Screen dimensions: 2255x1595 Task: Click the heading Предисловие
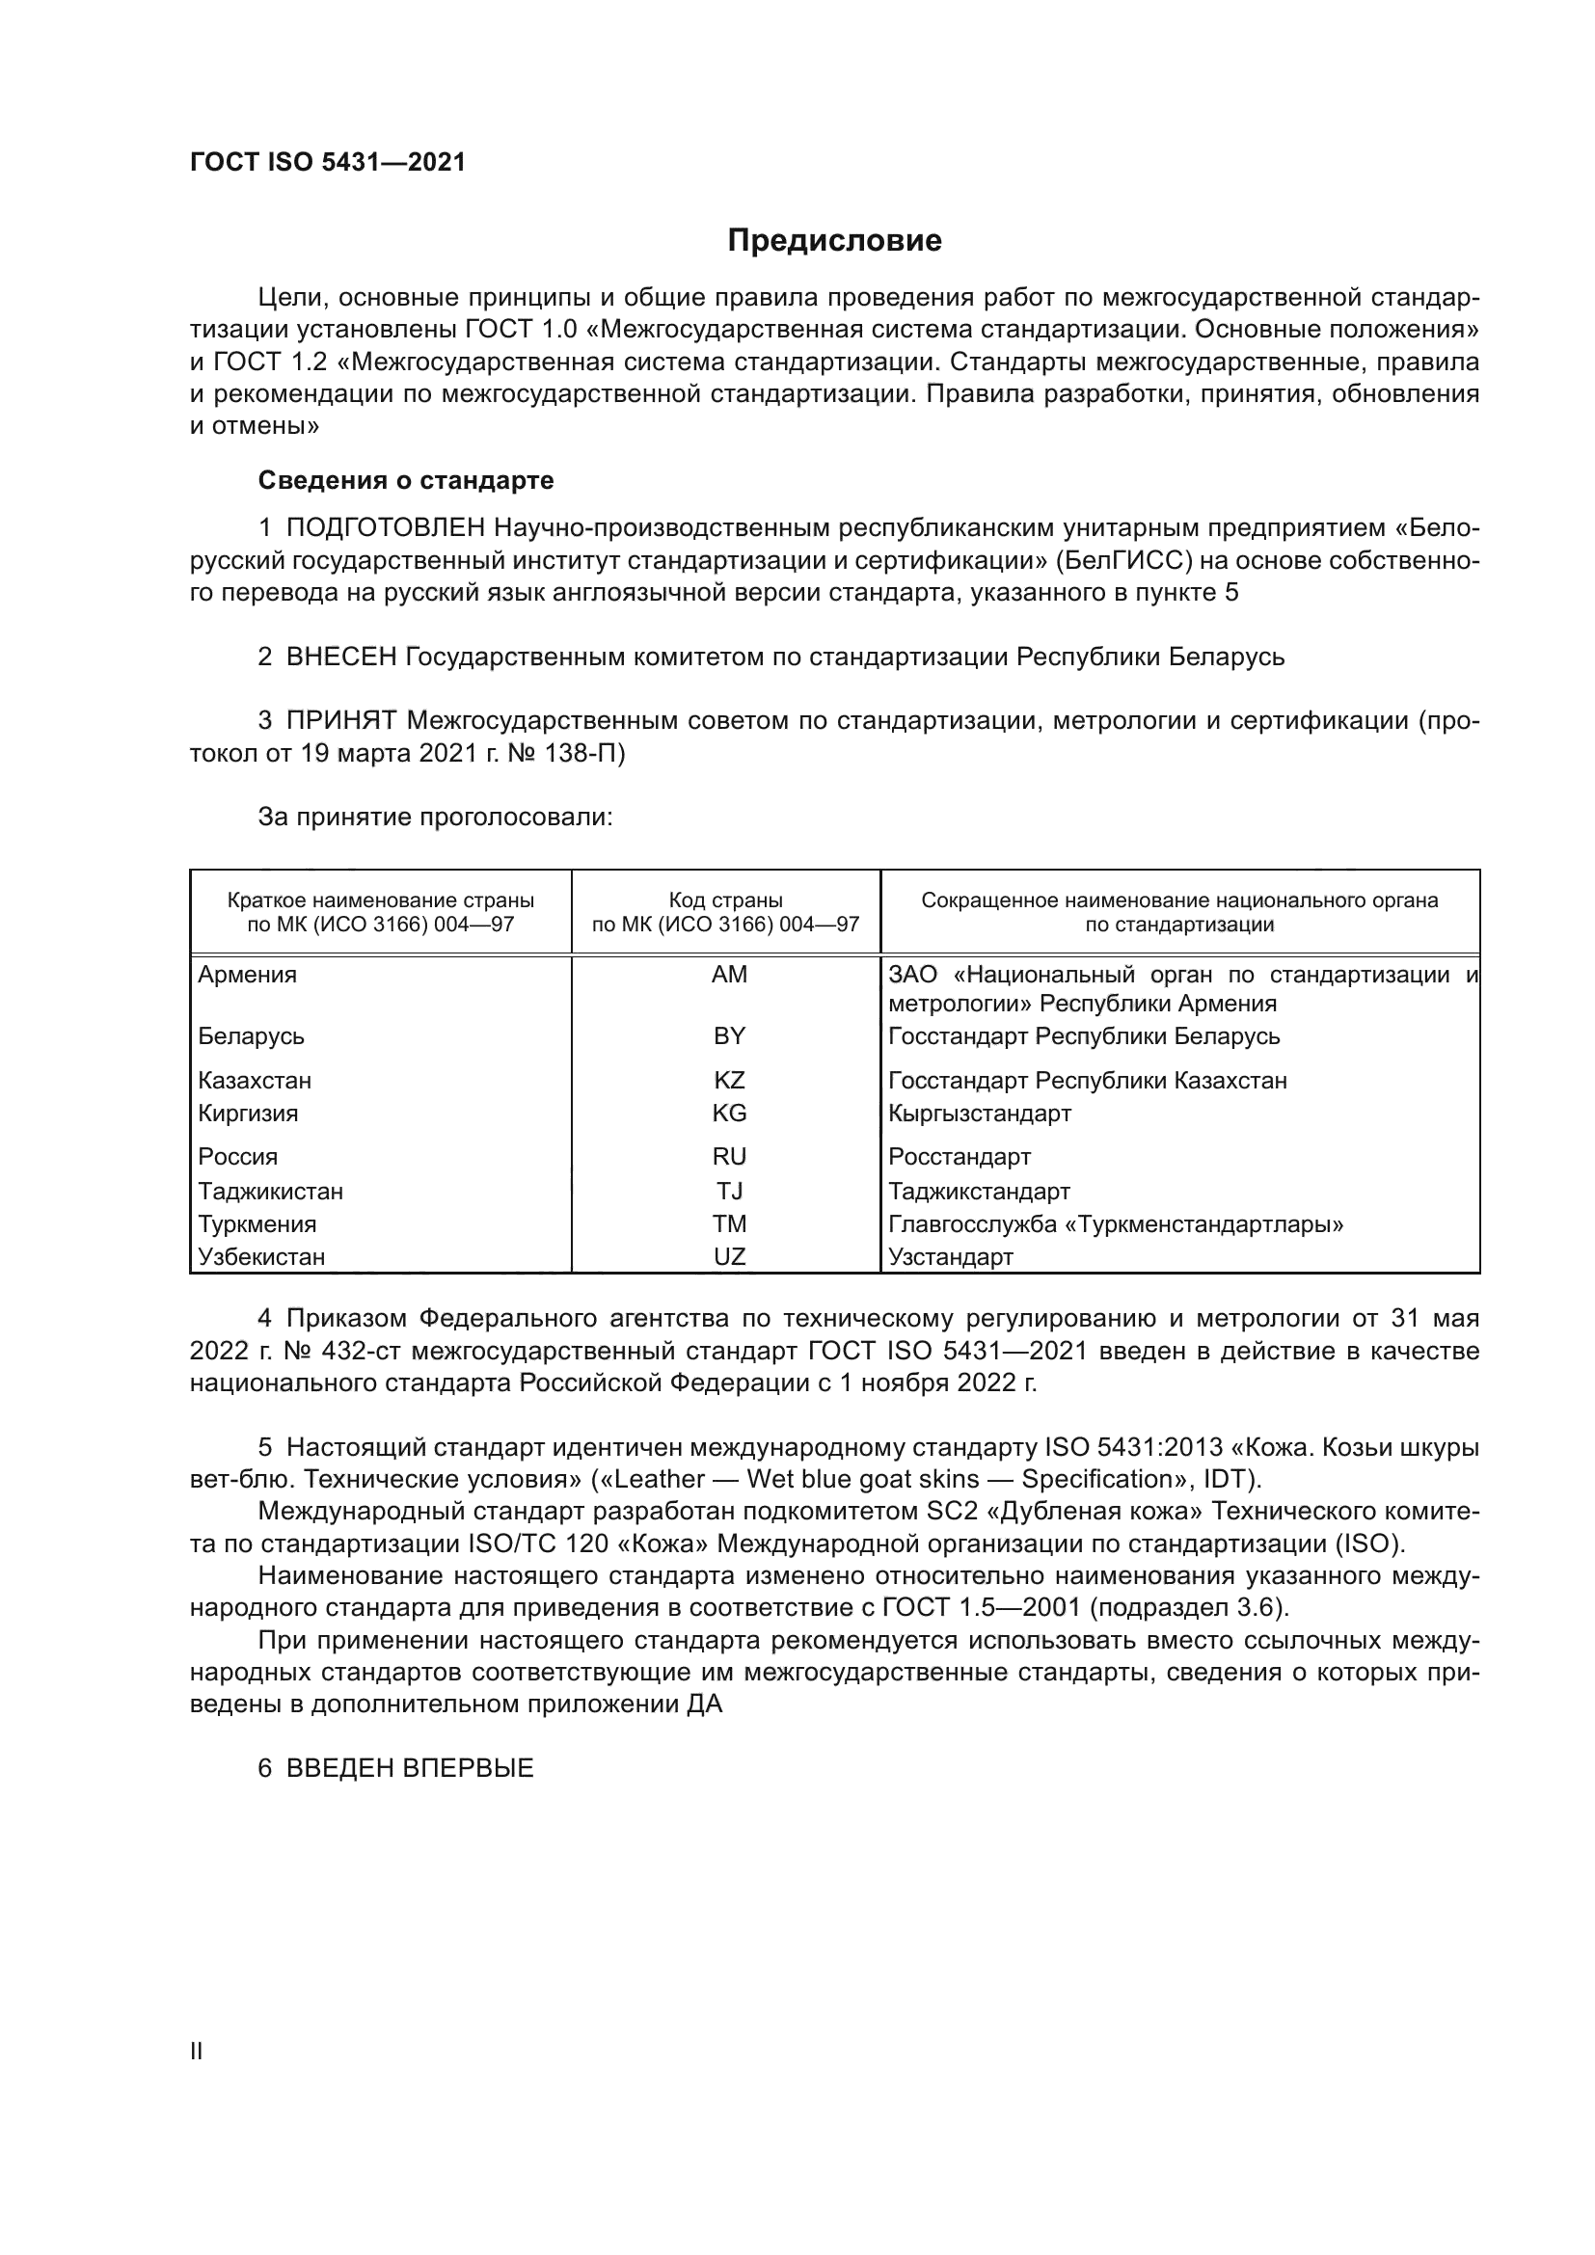point(834,241)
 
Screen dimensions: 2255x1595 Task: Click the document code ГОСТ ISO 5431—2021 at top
point(327,162)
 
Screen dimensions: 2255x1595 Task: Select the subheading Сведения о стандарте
point(406,480)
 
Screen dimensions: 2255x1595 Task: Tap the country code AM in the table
point(729,975)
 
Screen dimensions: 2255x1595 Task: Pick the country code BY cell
point(729,1036)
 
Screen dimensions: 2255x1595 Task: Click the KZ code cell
point(729,1081)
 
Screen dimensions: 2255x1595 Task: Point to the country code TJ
point(729,1192)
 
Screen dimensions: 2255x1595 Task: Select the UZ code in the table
point(729,1257)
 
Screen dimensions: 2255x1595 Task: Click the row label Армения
point(248,975)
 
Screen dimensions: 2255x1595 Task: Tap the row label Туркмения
point(257,1224)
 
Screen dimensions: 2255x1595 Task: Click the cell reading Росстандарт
point(960,1157)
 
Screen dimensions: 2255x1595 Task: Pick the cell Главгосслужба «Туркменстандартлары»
point(1116,1224)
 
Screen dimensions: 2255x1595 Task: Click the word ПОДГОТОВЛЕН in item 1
point(386,528)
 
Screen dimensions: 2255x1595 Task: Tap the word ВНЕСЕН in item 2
point(340,658)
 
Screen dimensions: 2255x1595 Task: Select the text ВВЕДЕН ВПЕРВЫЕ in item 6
point(410,1769)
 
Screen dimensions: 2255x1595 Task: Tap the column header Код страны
point(726,899)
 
